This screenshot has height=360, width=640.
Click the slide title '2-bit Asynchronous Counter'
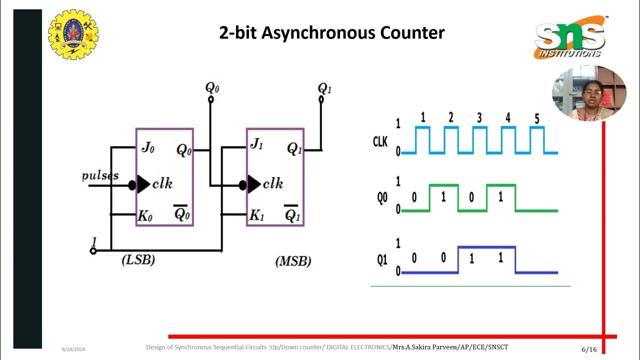tap(331, 33)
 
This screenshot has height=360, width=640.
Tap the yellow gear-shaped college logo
tap(73, 34)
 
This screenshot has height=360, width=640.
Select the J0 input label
tap(147, 147)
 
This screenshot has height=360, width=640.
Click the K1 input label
tap(256, 215)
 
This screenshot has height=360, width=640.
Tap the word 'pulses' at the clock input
tap(100, 175)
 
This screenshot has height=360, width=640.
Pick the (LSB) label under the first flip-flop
tap(138, 260)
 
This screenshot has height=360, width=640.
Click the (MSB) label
tap(293, 261)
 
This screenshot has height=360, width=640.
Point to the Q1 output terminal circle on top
tap(321, 99)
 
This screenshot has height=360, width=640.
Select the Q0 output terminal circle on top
tap(210, 99)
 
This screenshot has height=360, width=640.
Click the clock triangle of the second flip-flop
tap(254, 184)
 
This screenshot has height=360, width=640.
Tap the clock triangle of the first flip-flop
tap(143, 184)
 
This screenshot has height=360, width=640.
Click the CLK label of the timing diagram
tap(380, 142)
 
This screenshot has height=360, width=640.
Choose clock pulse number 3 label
tap(479, 118)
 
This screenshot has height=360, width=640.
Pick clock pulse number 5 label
tap(536, 118)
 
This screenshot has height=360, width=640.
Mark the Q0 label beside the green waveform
tap(382, 198)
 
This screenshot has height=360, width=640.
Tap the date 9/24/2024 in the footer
tap(73, 349)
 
